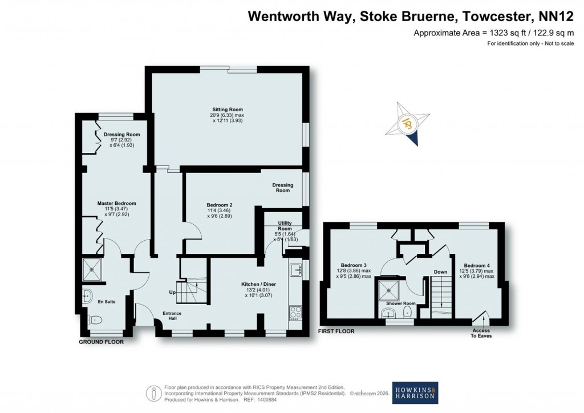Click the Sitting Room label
click(x=228, y=109)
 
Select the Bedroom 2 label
click(x=219, y=205)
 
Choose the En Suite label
click(x=106, y=302)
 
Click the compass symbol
click(x=409, y=123)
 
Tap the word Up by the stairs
click(x=172, y=292)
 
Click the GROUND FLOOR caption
click(x=102, y=342)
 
